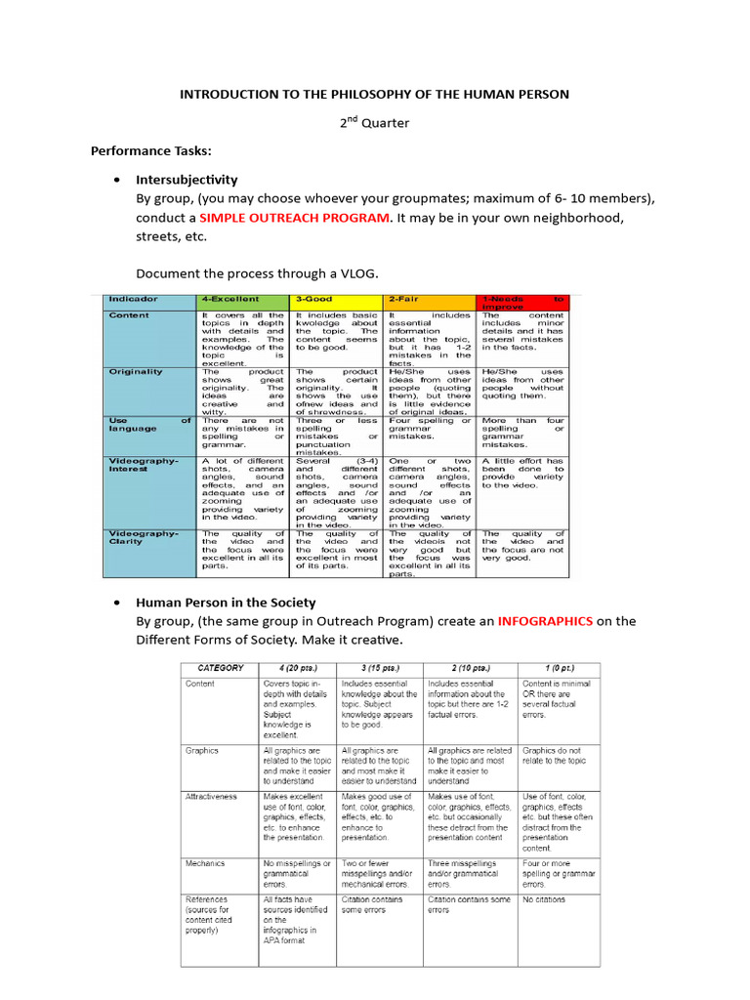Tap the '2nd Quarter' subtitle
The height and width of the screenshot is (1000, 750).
click(374, 123)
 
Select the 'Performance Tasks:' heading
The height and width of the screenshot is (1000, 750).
click(151, 151)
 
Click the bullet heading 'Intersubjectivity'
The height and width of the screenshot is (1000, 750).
click(187, 180)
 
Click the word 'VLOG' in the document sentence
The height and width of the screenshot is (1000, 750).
click(357, 273)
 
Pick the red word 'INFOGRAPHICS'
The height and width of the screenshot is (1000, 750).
click(545, 620)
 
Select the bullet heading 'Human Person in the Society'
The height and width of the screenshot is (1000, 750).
click(228, 602)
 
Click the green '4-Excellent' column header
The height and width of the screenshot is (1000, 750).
click(230, 299)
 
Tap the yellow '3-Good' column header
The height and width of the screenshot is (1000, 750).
click(316, 299)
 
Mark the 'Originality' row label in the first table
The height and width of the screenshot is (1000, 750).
click(136, 372)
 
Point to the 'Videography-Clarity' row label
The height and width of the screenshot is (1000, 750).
click(144, 536)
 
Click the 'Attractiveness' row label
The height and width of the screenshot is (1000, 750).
click(212, 796)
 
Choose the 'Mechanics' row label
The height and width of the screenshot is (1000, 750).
click(206, 863)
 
